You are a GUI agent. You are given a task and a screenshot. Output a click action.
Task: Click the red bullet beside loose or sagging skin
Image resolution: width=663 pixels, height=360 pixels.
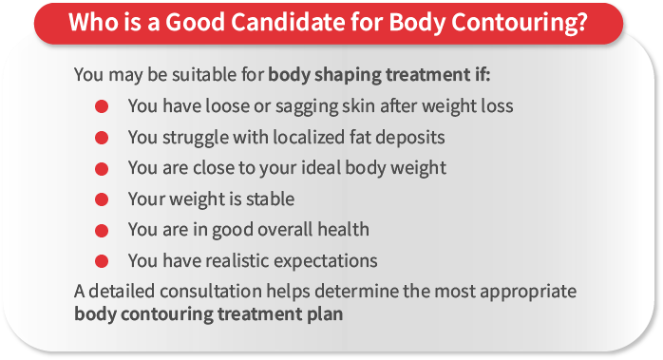coord(101,106)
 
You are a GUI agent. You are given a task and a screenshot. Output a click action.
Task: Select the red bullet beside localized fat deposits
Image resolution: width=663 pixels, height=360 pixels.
coord(101,137)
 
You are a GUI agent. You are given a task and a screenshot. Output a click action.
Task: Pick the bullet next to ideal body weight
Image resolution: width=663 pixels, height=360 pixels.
coord(101,168)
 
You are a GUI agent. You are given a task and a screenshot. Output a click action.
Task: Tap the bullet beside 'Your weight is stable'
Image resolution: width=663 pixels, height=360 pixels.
coord(101,199)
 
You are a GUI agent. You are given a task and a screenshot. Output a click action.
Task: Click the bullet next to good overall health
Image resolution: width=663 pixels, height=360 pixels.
coord(101,229)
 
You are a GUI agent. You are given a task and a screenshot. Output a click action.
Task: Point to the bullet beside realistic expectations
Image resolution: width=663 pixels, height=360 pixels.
coord(101,259)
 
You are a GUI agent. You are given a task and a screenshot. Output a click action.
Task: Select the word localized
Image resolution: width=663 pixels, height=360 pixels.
coord(297,137)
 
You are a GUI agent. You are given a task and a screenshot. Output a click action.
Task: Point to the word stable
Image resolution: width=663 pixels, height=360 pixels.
coord(270,199)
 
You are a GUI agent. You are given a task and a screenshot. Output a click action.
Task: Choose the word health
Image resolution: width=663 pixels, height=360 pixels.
coord(342,229)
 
